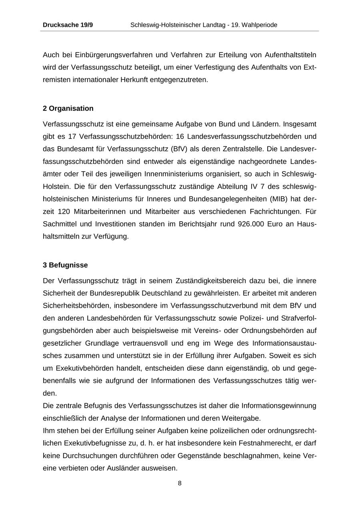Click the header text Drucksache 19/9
pyautogui.click(x=68, y=25)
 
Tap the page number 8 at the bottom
pyautogui.click(x=180, y=483)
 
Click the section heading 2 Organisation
pyautogui.click(x=68, y=108)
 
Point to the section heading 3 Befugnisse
pyautogui.click(x=65, y=265)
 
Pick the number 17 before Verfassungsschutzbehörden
pyautogui.click(x=72, y=136)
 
